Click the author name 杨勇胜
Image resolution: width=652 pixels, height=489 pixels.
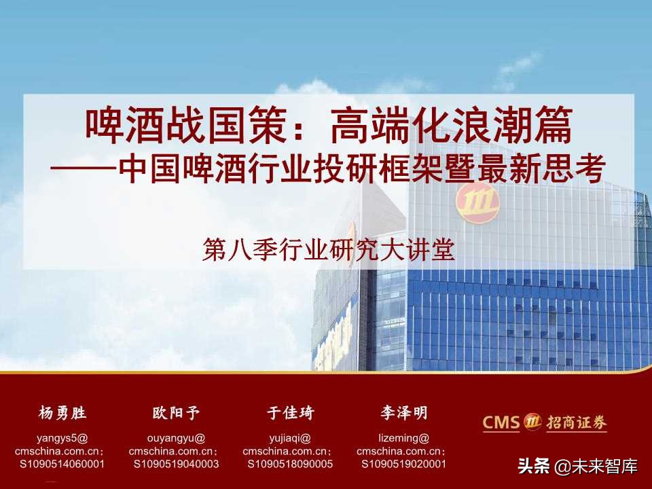click(62, 412)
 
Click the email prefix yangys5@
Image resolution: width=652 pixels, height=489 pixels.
click(62, 438)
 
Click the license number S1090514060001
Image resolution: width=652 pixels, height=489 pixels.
click(62, 464)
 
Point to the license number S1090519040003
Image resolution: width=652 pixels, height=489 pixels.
click(177, 464)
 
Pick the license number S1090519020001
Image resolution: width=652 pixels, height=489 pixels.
click(404, 464)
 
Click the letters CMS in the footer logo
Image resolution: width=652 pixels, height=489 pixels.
click(501, 422)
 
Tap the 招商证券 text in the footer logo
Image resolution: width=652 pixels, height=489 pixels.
click(575, 422)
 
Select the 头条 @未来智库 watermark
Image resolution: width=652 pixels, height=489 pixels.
click(577, 467)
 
